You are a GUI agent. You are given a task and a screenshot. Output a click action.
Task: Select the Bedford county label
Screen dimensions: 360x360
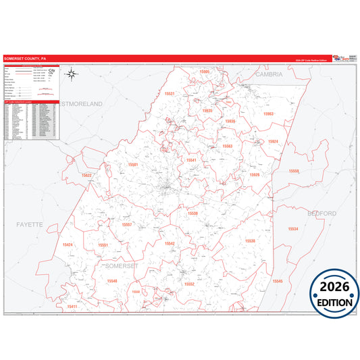[x=322, y=213]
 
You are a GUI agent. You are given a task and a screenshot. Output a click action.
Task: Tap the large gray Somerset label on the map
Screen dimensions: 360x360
[x=123, y=267]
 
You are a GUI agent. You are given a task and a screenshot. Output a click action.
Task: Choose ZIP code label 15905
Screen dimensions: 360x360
[x=205, y=71]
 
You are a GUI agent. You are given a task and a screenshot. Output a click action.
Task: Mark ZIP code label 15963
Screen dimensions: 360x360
[x=268, y=114]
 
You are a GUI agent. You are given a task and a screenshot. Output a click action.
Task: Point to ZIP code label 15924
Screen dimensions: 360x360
[x=273, y=141]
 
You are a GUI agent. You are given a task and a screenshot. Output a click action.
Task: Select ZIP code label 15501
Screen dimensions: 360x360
[x=132, y=165]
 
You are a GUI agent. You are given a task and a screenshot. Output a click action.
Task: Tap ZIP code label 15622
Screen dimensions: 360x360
[x=86, y=176]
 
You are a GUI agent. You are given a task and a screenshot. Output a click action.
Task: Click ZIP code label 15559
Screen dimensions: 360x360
[x=294, y=172]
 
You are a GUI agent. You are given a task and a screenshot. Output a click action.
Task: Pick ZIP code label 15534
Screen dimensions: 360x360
[x=293, y=229]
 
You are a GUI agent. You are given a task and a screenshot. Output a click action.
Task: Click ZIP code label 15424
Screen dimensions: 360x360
[x=67, y=245]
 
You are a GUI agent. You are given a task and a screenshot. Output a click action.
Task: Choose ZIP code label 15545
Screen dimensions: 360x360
[x=278, y=280]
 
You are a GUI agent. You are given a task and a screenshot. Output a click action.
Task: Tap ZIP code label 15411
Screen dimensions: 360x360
[x=72, y=307]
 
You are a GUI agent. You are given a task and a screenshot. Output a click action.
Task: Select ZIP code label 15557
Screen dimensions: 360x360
[x=127, y=224]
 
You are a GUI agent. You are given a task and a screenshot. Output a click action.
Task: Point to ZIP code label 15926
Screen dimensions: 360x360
[x=254, y=174]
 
